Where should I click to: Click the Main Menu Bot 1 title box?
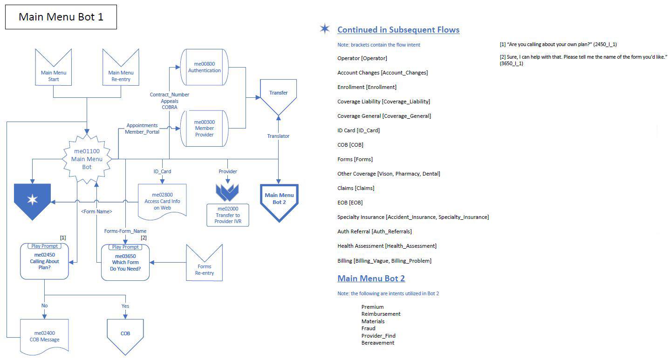pos(61,17)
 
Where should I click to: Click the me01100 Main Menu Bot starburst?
pos(87,159)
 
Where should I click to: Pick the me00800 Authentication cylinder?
pos(204,67)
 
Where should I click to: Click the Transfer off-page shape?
pos(278,95)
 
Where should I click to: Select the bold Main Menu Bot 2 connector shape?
pos(279,201)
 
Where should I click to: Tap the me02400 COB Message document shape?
pos(44,336)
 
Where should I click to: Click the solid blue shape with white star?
pos(32,200)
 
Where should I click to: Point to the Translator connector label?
pos(278,136)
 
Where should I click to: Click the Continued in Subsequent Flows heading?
pos(398,30)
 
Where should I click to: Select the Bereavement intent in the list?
pos(378,343)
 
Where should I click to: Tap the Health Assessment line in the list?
pos(387,246)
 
